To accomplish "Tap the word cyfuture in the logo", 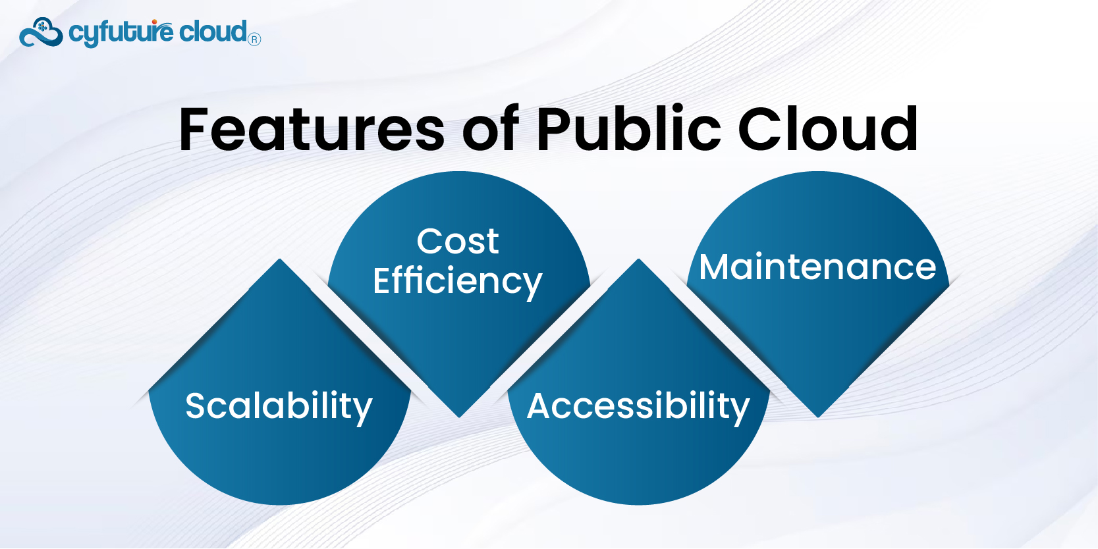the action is pyautogui.click(x=121, y=33).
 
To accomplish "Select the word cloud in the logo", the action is pyautogui.click(x=213, y=32).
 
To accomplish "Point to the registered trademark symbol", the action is pyautogui.click(x=254, y=39).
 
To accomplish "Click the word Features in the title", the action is pyautogui.click(x=312, y=129).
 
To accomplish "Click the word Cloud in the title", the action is pyautogui.click(x=828, y=128).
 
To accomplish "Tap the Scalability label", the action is pyautogui.click(x=279, y=406).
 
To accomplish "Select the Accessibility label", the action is pyautogui.click(x=638, y=406).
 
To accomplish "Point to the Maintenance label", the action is pyautogui.click(x=817, y=267).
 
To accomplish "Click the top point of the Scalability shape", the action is pyautogui.click(x=279, y=259).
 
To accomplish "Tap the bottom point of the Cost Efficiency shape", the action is pyautogui.click(x=459, y=417).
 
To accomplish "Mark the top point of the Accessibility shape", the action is pyautogui.click(x=638, y=259).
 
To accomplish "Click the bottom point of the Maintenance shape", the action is pyautogui.click(x=817, y=417).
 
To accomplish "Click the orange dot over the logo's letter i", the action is pyautogui.click(x=154, y=22).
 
